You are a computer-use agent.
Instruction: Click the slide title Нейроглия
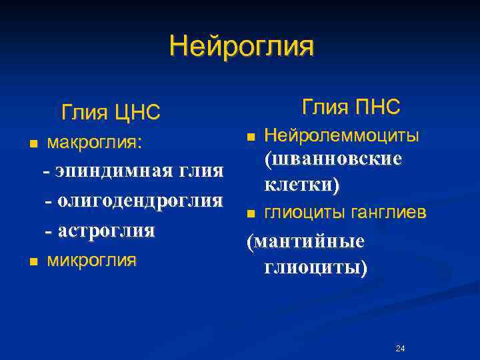(241, 47)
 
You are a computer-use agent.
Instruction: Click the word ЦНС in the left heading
(137, 113)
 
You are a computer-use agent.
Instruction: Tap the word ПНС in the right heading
(377, 106)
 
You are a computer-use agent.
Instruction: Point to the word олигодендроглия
(140, 201)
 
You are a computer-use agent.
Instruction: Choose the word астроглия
(107, 231)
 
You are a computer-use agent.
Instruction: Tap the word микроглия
(91, 260)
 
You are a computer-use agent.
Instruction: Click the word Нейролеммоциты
(342, 136)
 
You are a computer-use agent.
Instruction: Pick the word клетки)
(301, 184)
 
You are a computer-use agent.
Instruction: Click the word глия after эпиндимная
(201, 171)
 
